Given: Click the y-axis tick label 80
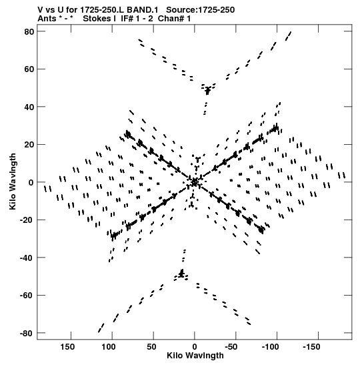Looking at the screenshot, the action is (29, 31).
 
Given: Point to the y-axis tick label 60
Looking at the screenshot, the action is (29, 69).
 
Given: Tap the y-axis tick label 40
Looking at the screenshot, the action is (29, 107).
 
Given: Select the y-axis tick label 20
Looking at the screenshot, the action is (29, 145).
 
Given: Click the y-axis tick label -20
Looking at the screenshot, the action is (27, 220).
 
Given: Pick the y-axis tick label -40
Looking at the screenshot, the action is (27, 258).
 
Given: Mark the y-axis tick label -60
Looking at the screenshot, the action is (27, 296).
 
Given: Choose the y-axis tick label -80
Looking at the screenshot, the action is (27, 334).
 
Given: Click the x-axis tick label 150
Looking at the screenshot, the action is (67, 347).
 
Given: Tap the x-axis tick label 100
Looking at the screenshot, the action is (109, 347).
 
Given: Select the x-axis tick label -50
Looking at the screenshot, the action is (231, 347).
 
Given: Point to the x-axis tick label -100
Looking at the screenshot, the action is (270, 347).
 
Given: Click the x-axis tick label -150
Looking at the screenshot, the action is (311, 347).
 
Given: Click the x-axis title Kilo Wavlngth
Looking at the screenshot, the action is (195, 356).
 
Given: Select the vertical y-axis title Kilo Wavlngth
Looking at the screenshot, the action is (13, 181).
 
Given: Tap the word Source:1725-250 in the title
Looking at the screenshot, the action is (200, 10).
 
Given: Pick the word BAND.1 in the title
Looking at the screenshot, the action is (142, 10).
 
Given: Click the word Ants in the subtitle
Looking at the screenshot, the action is (47, 19).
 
